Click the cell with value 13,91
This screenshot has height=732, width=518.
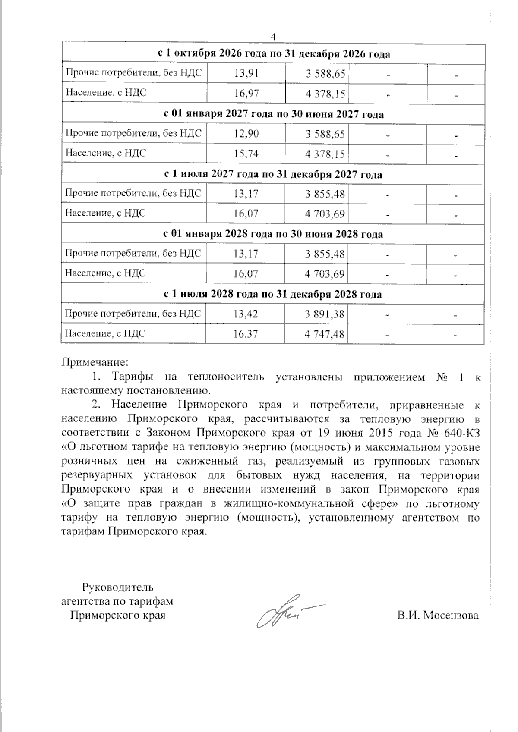tap(246, 73)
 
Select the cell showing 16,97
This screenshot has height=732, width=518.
tap(246, 93)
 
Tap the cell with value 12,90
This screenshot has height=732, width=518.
tap(246, 134)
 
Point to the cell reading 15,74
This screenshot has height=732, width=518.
tap(246, 153)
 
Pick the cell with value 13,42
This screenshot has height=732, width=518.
tap(246, 314)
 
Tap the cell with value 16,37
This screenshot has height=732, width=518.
tap(246, 334)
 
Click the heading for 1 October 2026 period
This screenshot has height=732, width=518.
tap(273, 54)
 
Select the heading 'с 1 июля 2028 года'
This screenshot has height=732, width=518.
tap(273, 295)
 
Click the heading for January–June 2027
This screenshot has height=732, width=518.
tap(273, 114)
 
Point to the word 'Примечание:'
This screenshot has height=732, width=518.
tap(95, 361)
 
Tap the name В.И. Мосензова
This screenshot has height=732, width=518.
tap(438, 615)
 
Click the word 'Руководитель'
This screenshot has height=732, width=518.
tap(117, 587)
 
